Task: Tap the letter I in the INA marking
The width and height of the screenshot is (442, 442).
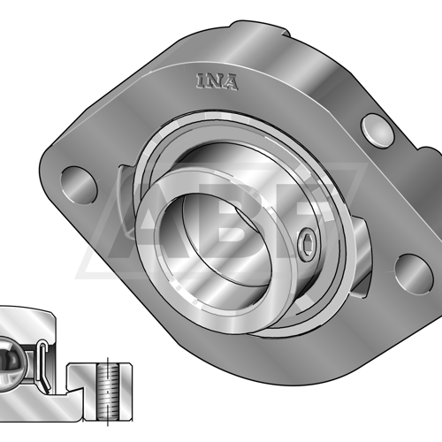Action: point(200,80)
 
